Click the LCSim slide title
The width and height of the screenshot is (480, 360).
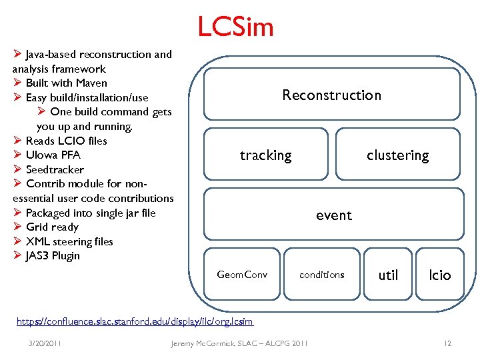click(x=235, y=27)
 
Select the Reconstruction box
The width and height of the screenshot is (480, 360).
click(x=331, y=95)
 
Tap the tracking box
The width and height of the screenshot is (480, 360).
click(x=266, y=155)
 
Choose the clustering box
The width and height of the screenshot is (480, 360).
click(x=397, y=155)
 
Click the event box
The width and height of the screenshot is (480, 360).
click(x=333, y=215)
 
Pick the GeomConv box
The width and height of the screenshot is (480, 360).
click(x=242, y=275)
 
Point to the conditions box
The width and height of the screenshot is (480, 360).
click(x=322, y=275)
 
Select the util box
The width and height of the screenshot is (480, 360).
click(x=388, y=275)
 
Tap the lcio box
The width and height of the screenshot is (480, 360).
click(x=440, y=275)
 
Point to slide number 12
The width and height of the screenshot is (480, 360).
click(x=447, y=343)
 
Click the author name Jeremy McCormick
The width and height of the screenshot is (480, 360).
click(x=204, y=343)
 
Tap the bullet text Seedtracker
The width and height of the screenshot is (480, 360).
click(x=55, y=169)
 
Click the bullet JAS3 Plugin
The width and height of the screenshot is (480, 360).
click(x=53, y=256)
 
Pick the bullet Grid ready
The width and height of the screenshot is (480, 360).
click(x=52, y=227)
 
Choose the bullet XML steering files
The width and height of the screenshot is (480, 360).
click(x=69, y=241)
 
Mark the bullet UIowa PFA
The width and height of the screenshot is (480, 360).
click(x=53, y=155)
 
